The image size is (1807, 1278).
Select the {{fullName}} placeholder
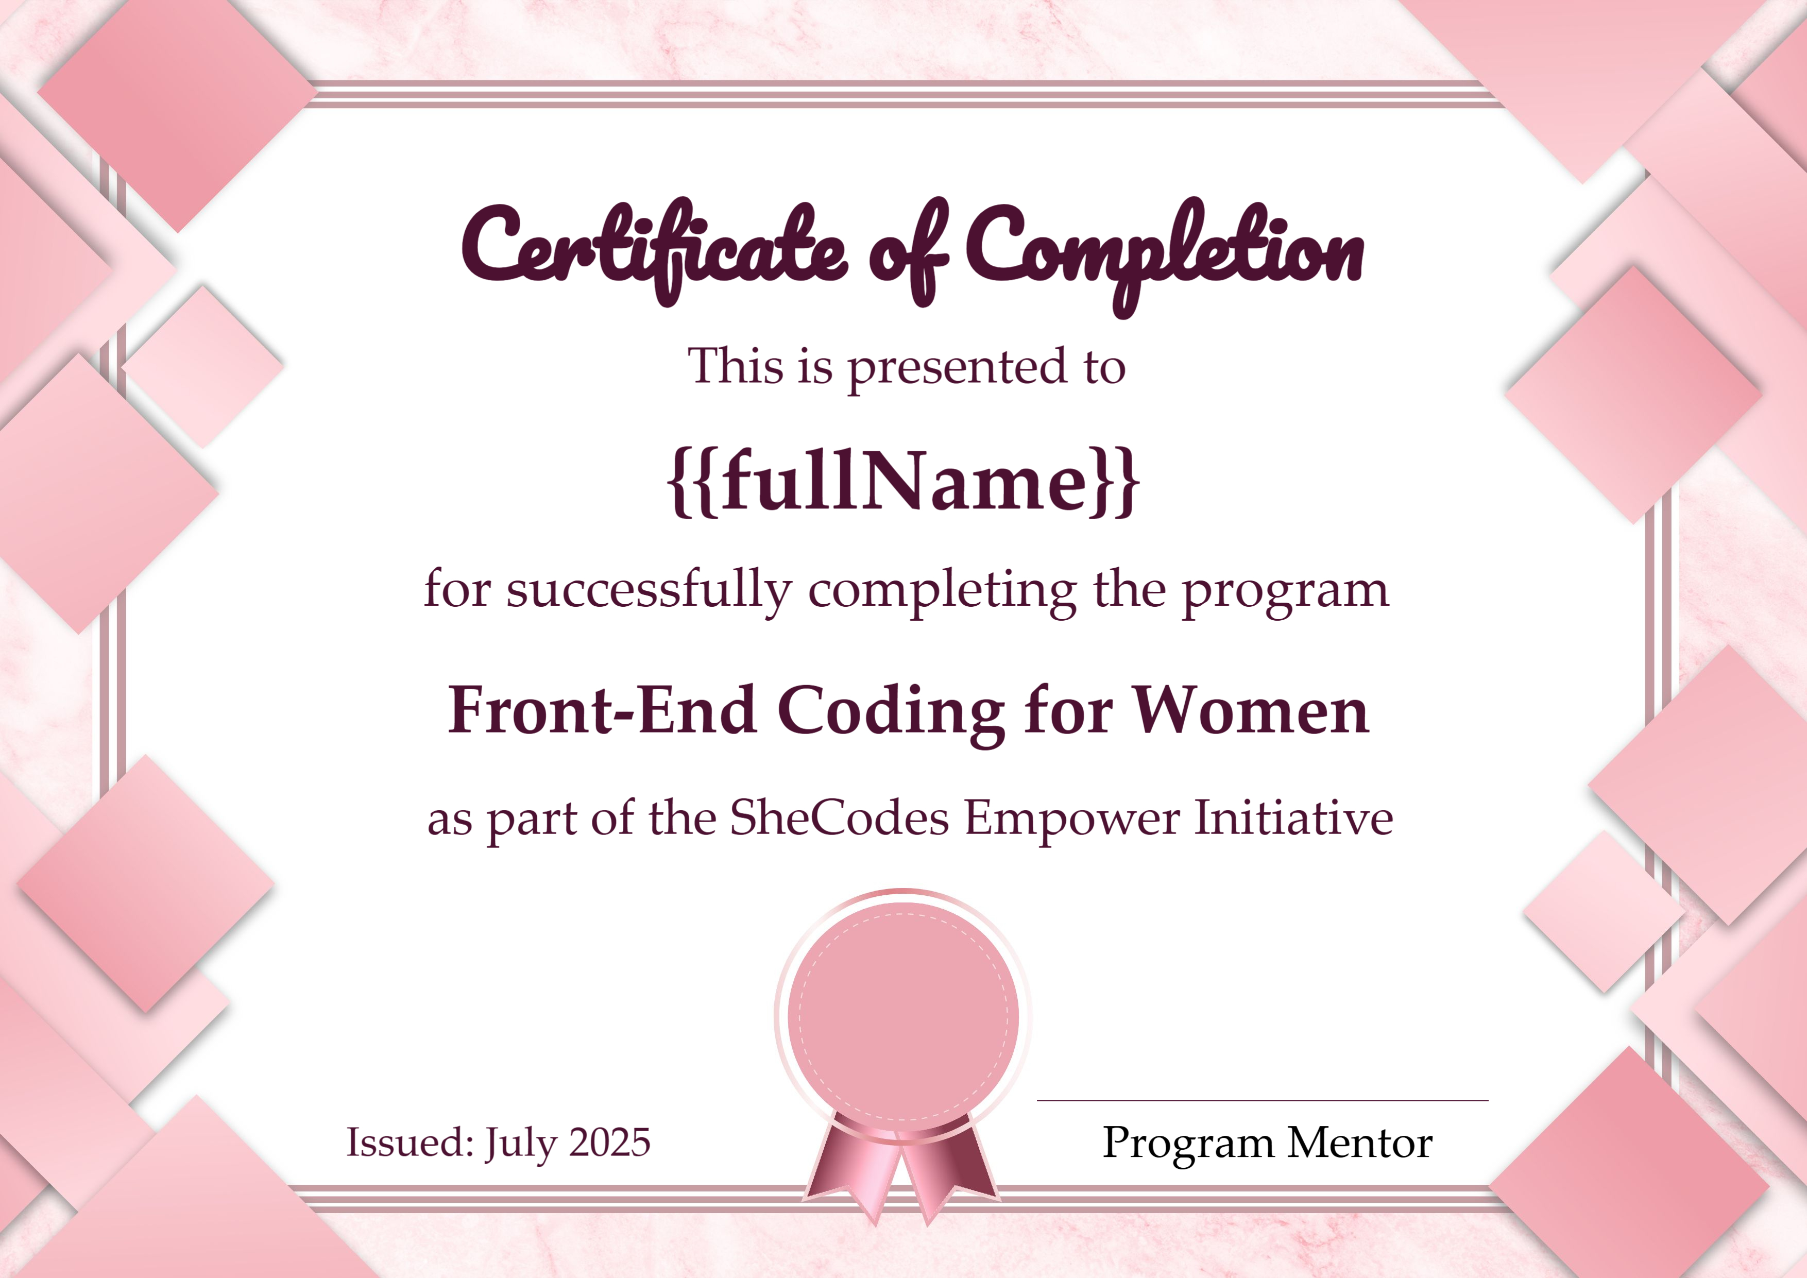(x=902, y=482)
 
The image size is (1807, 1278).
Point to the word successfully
(x=649, y=590)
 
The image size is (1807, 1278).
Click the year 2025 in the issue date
(x=609, y=1143)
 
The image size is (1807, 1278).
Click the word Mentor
(x=1359, y=1143)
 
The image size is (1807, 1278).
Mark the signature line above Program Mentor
(x=1263, y=1100)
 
